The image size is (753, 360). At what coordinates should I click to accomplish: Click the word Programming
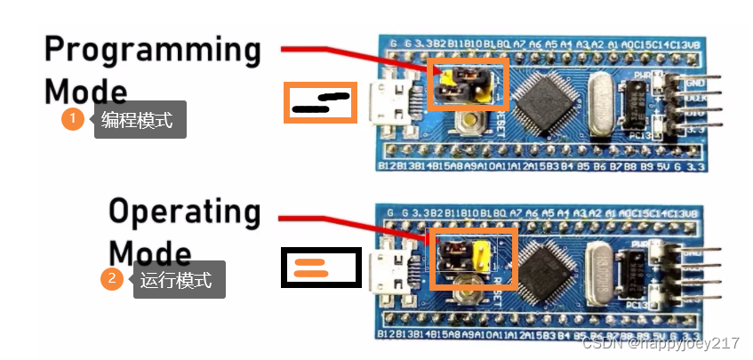click(x=152, y=50)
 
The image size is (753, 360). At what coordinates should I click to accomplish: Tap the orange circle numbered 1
click(x=73, y=119)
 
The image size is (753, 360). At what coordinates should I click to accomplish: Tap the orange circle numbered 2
click(x=112, y=279)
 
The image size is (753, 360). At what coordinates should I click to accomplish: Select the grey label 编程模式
click(x=140, y=119)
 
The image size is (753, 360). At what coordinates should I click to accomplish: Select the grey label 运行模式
click(x=179, y=280)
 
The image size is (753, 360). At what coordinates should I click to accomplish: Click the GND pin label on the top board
click(x=695, y=82)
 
